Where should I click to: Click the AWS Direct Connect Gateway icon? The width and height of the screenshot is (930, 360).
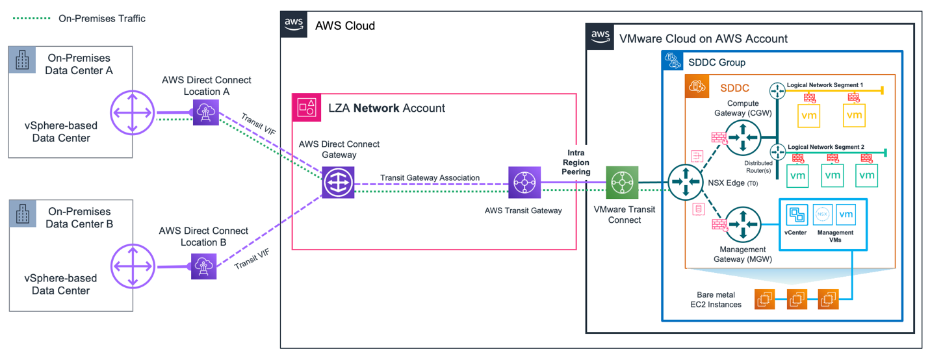(338, 183)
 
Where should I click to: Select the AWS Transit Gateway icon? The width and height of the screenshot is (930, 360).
(524, 183)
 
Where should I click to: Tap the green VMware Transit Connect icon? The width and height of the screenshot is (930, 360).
(622, 183)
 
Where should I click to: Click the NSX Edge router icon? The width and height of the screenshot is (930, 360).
(685, 183)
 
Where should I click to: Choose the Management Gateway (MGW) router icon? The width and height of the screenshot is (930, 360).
(742, 225)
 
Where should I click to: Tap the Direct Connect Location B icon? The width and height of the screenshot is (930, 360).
(203, 266)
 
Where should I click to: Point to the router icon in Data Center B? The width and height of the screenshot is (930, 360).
(132, 266)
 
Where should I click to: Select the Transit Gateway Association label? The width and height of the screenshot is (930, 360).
(430, 177)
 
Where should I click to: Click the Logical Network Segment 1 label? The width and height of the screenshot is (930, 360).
(825, 85)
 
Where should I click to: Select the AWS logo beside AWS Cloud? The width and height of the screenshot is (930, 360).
(294, 24)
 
